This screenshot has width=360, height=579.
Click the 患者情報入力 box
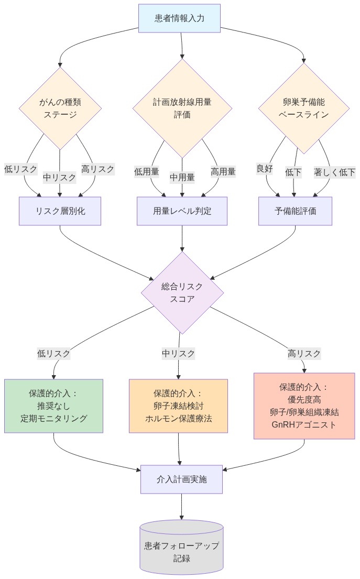tap(179, 18)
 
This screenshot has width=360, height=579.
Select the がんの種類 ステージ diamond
tap(60, 108)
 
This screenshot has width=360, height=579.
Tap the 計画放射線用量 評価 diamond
tap(182, 108)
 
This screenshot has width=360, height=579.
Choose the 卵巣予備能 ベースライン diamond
tap(303, 108)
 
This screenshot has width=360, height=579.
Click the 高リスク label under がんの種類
tap(97, 169)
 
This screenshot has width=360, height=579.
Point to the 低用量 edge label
tap(147, 171)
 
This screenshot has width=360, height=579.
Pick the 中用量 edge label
tap(182, 177)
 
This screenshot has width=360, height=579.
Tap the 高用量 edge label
tap(223, 171)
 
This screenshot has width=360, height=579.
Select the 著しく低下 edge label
tap(334, 172)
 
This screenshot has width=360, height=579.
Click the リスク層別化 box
tap(60, 211)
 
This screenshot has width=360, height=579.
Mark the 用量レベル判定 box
tap(182, 211)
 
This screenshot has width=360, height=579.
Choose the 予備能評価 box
tap(295, 211)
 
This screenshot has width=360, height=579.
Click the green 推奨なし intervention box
tap(53, 406)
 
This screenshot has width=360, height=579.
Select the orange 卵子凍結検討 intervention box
tap(178, 406)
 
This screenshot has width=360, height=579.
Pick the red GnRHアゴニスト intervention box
tap(303, 406)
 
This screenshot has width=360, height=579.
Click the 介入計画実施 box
tap(181, 479)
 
